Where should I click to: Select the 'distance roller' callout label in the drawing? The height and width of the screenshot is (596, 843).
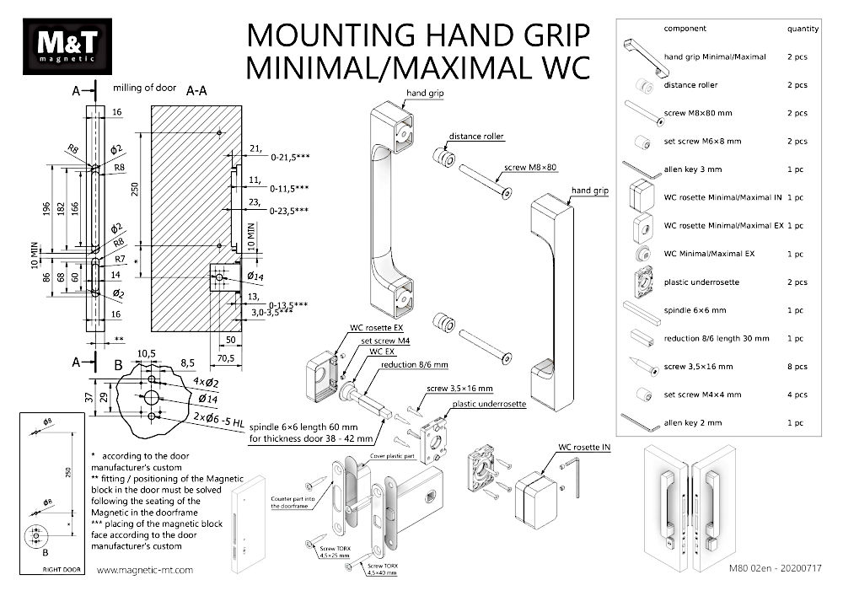tap(476, 136)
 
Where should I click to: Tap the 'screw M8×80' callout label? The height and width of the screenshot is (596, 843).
tap(531, 168)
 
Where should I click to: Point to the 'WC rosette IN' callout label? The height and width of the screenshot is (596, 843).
tap(584, 448)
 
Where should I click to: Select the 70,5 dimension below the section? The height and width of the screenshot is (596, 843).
tap(226, 358)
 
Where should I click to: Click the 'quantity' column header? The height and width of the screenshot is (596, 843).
tap(803, 29)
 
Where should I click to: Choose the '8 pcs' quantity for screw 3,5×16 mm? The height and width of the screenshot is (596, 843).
tap(797, 366)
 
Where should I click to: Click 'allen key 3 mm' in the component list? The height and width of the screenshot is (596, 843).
tap(693, 169)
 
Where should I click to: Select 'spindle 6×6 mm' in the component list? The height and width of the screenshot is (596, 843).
tap(694, 310)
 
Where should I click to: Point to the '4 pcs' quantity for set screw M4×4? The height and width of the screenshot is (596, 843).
tap(797, 394)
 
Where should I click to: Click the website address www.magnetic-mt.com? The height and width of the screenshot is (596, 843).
tap(146, 570)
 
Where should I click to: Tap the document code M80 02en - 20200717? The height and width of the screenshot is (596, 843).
tap(774, 570)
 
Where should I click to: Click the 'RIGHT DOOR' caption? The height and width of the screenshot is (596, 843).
tap(50, 570)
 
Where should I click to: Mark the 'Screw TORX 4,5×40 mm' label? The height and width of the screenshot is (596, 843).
tap(384, 568)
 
